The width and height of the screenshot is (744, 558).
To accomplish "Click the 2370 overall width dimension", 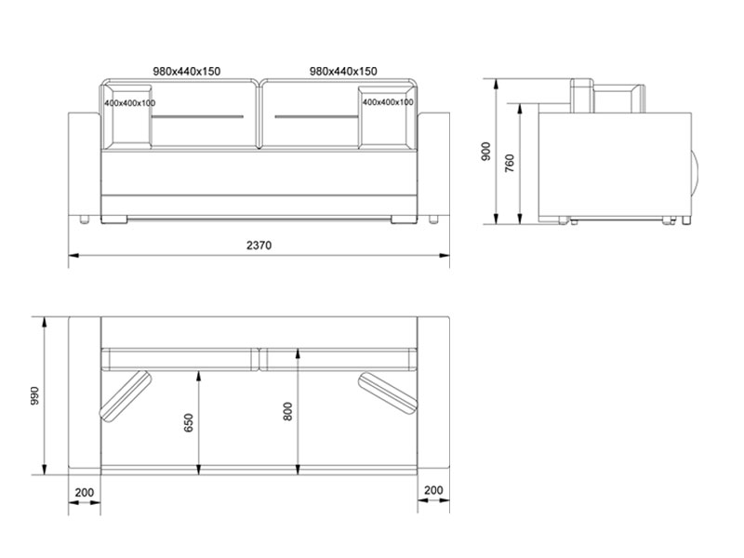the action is [x=259, y=246].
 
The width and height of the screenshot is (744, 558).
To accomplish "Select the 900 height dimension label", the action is [x=485, y=152].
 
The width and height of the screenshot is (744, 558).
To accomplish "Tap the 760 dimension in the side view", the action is [x=510, y=163].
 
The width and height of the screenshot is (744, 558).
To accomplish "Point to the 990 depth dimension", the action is [x=34, y=396].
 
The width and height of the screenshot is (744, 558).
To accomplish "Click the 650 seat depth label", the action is [x=189, y=423].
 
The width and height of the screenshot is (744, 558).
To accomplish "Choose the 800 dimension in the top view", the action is [x=287, y=411].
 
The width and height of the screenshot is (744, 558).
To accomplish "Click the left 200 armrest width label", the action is [x=85, y=493].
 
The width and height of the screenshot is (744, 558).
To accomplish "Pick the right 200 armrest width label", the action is [x=433, y=490].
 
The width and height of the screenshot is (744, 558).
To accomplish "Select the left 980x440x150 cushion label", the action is [x=187, y=72].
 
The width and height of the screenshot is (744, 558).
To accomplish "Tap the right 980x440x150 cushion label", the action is [x=343, y=72].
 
